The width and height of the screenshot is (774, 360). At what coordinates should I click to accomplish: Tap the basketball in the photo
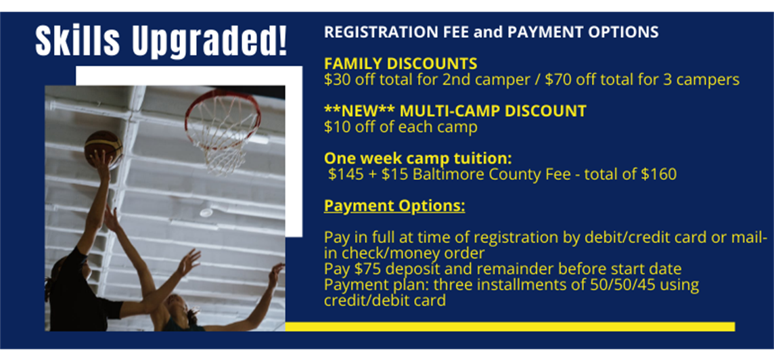103,146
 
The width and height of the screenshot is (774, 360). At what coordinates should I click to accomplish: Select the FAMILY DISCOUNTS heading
401,64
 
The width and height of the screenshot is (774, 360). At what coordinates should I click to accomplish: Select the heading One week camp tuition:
417,158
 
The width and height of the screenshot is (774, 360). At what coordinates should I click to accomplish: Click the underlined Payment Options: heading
394,206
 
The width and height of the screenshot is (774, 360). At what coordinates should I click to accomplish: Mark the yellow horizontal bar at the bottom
510,326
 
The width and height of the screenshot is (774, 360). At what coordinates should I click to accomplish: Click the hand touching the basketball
101,160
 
